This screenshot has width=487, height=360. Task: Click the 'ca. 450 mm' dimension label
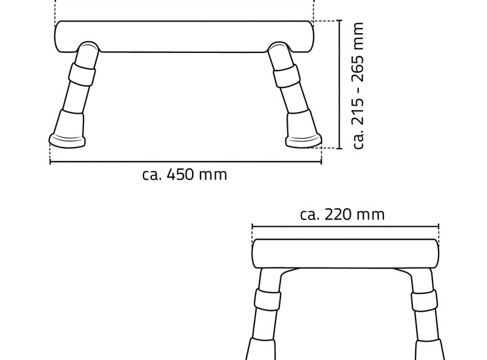[185, 175]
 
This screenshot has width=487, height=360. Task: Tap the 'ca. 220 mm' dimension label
[342, 214]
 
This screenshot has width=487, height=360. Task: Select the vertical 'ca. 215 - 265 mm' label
[358, 85]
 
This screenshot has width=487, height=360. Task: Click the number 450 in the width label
[180, 175]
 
